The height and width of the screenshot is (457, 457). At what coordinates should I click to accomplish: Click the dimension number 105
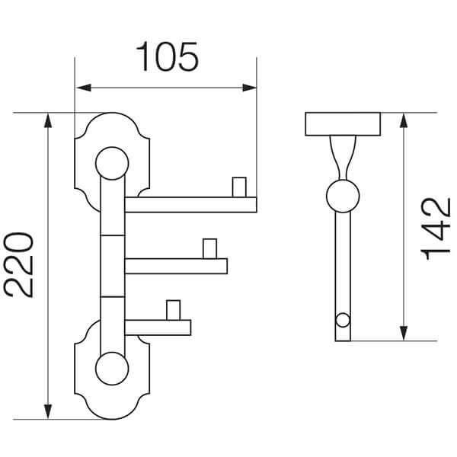point(167,57)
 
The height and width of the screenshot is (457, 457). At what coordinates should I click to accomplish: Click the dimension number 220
point(20,265)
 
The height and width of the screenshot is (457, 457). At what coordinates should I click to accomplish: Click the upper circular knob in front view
point(111,163)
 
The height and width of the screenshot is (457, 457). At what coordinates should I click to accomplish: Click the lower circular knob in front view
point(111,369)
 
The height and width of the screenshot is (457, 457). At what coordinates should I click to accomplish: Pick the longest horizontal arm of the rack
point(190,204)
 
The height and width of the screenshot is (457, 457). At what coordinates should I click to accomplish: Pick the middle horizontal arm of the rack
point(176,266)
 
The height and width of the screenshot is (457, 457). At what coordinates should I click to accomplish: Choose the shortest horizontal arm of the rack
point(158,327)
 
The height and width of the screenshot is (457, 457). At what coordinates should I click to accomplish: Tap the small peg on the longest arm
point(240,187)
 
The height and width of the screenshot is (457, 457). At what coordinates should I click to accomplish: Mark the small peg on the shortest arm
point(174,310)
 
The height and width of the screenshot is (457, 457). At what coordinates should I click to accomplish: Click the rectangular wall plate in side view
point(343,124)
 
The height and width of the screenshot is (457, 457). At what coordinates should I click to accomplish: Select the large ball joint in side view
point(343,196)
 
